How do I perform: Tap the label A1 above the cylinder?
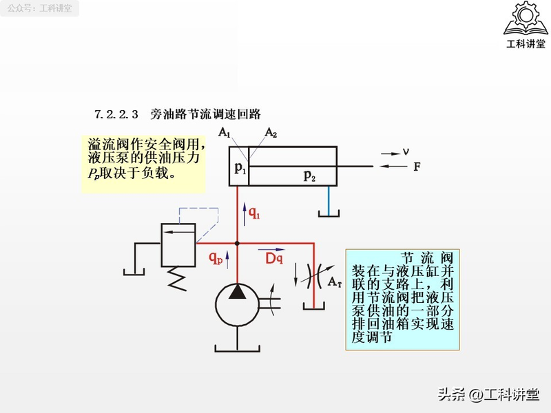(x=225, y=133)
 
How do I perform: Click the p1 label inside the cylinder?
(x=240, y=167)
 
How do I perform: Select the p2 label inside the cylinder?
(x=310, y=176)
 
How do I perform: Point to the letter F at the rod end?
(x=417, y=167)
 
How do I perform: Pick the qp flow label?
(x=216, y=258)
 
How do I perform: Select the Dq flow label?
(x=274, y=258)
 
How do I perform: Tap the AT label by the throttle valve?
(x=335, y=282)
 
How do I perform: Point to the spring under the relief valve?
(x=178, y=277)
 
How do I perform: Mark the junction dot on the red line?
(x=237, y=243)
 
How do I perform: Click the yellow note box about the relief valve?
(x=143, y=163)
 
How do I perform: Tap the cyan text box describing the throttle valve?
(x=402, y=299)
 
